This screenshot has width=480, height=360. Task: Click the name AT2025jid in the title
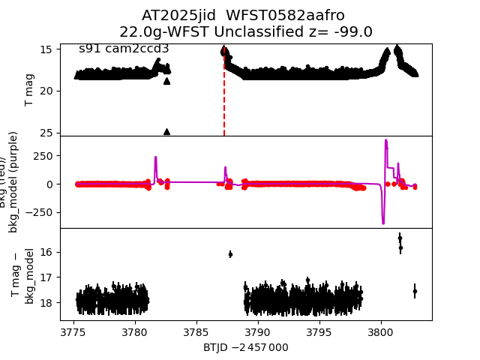[172, 16]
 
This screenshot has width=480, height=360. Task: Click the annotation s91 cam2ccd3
[124, 49]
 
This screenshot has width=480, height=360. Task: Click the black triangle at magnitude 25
[166, 131]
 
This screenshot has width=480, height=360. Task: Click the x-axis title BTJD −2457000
[245, 347]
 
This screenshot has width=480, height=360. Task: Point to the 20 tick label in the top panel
[46, 91]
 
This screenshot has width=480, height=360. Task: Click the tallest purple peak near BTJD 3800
[385, 140]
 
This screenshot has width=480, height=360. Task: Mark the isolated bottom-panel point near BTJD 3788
[230, 254]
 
